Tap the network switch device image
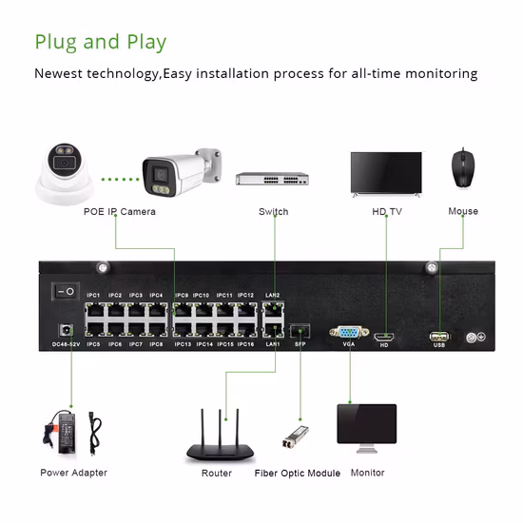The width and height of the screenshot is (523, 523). [273, 180]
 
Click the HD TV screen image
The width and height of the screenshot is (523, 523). [385, 172]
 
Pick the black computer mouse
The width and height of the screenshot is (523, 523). [463, 168]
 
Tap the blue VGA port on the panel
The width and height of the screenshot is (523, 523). [348, 333]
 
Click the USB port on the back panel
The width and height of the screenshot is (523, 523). [438, 336]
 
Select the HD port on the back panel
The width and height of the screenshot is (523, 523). [384, 336]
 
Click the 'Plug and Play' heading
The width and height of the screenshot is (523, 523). [100, 42]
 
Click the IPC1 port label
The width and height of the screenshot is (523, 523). [93, 296]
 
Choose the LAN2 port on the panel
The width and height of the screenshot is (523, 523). [272, 308]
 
